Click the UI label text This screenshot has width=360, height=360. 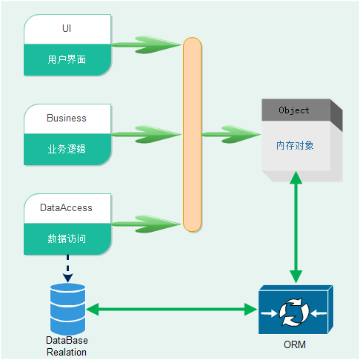point(67,28)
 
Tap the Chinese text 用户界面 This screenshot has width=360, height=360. point(67,59)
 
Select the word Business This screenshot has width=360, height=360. point(67,118)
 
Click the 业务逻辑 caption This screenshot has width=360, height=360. point(67,149)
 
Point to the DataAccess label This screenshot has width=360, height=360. point(66,207)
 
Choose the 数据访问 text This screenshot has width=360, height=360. point(67,239)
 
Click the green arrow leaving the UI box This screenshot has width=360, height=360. point(146,44)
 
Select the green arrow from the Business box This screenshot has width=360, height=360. point(146,134)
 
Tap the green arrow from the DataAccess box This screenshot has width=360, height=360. point(146,224)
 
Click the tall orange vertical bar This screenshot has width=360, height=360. point(192,135)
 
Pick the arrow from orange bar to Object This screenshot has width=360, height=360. point(231,134)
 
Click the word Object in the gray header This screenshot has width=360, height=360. point(294,110)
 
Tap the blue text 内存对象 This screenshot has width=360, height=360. point(295,145)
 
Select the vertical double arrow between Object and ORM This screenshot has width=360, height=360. point(296,227)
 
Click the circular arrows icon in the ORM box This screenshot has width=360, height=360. point(294,312)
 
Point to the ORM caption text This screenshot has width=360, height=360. point(295,344)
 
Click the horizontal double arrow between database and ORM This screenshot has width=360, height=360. point(172,309)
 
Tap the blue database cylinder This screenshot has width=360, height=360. point(67,309)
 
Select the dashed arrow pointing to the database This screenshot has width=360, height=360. point(67,269)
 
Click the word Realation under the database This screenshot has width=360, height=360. point(67,352)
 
